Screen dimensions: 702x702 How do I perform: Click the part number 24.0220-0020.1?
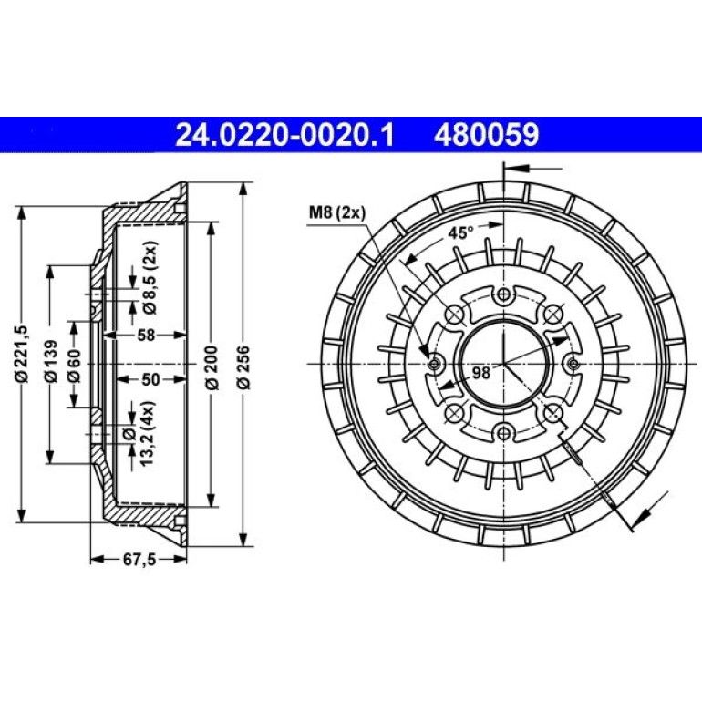tap(284, 135)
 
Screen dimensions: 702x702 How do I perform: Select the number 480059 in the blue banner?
tap(486, 135)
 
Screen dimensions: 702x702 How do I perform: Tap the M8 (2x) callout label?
tap(337, 212)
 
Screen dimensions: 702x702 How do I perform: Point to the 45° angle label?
tap(461, 232)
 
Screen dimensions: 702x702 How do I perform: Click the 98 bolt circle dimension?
tap(481, 373)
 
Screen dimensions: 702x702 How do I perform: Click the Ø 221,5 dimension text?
tap(22, 355)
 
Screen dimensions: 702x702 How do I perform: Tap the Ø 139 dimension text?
tap(51, 361)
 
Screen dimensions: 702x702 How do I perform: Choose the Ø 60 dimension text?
tap(74, 366)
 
